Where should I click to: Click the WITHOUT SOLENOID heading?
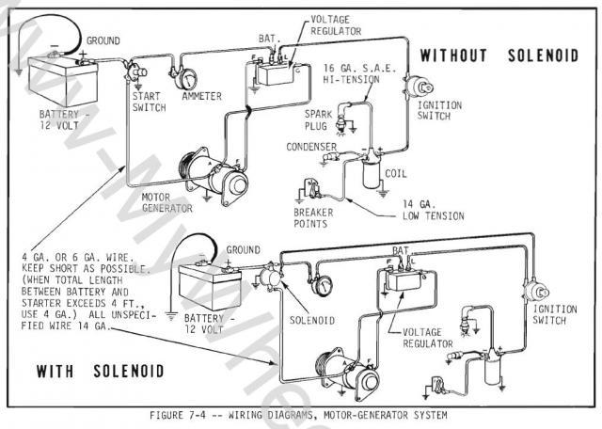(499, 55)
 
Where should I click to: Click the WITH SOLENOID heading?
(101, 371)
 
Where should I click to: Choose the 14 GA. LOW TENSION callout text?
(432, 210)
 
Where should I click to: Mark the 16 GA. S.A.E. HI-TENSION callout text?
(356, 76)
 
